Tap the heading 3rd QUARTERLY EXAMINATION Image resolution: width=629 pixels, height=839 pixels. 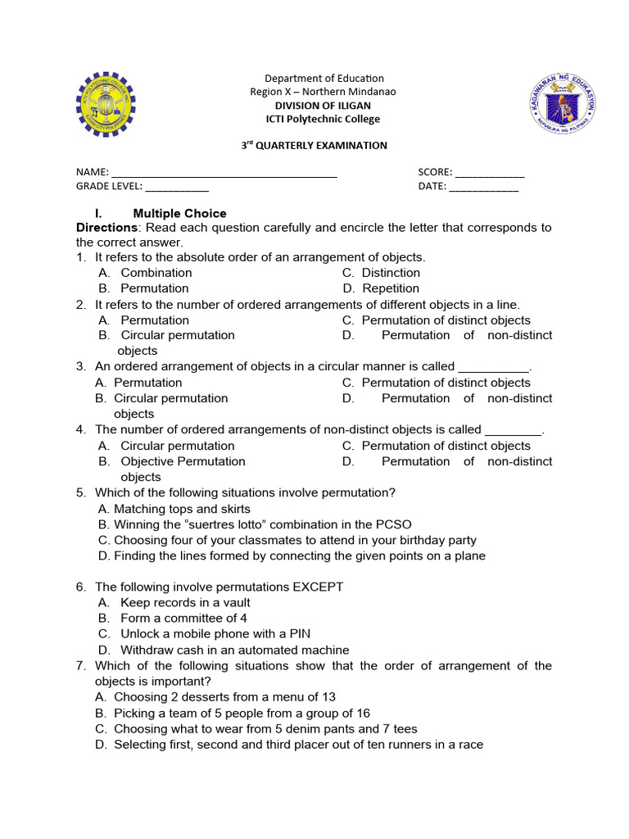click(x=314, y=145)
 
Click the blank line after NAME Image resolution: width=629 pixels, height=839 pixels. click(x=224, y=174)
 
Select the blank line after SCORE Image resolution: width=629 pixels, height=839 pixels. click(x=489, y=174)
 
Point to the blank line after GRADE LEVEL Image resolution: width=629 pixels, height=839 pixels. click(x=177, y=188)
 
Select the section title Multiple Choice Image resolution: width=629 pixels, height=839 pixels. click(x=179, y=214)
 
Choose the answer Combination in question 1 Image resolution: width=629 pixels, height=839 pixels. click(x=156, y=273)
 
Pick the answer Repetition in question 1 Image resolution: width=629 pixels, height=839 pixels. click(x=390, y=288)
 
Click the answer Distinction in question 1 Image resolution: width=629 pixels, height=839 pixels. click(x=391, y=273)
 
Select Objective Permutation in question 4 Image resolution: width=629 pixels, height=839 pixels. click(x=183, y=461)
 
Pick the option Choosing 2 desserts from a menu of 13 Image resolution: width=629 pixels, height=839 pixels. click(x=224, y=697)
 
